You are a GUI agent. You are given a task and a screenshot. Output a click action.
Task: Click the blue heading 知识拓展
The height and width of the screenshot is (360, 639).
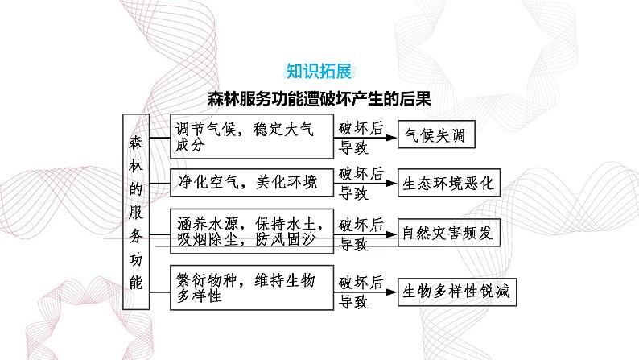pos(319,72)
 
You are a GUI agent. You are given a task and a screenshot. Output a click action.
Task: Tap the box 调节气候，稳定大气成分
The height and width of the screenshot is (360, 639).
pos(252,136)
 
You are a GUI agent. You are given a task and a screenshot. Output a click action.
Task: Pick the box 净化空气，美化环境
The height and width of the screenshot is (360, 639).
pos(252,183)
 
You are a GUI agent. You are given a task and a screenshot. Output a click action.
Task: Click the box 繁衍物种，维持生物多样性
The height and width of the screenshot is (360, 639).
pos(252,287)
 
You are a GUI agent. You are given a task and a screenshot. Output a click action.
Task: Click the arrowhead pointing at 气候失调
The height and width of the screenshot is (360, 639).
pos(393,138)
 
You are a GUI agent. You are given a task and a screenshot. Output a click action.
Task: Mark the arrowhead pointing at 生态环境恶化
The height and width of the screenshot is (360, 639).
pos(393,184)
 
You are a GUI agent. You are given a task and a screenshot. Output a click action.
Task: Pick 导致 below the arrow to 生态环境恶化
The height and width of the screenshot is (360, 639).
pos(353,193)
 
